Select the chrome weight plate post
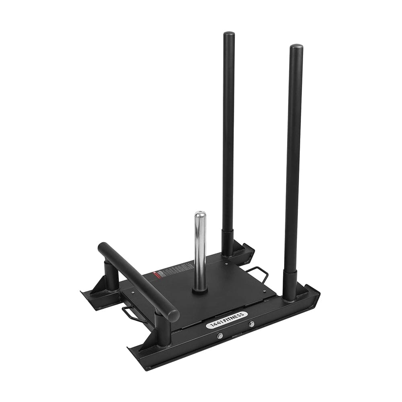point(200,249)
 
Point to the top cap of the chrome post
point(200,214)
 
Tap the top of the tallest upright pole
point(296,47)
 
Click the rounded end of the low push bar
point(173,315)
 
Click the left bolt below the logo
point(220,335)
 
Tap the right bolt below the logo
point(252,324)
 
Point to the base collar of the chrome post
point(200,289)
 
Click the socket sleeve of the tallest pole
point(289,285)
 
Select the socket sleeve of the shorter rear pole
point(228,242)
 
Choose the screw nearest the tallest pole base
point(265,291)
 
